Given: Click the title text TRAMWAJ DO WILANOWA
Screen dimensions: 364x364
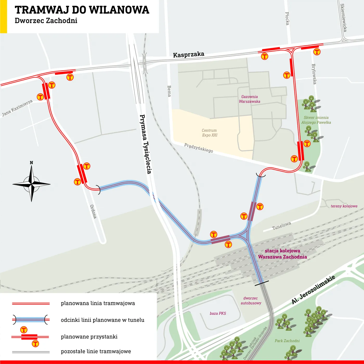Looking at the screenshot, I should pyautogui.click(x=82, y=10).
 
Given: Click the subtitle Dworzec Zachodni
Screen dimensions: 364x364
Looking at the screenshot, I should pyautogui.click(x=46, y=21).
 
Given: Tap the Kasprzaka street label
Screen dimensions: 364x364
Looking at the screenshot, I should pyautogui.click(x=188, y=54).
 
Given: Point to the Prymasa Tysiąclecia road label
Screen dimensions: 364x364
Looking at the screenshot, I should pyautogui.click(x=146, y=144).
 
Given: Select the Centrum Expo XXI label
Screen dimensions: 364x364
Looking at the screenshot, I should pyautogui.click(x=210, y=133).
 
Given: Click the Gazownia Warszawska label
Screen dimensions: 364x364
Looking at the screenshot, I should pyautogui.click(x=249, y=99).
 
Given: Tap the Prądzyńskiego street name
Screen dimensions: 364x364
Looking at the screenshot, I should pyautogui.click(x=199, y=148).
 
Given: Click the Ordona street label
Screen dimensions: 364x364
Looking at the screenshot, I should pyautogui.click(x=93, y=212).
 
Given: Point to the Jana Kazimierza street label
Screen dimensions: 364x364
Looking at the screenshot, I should pyautogui.click(x=17, y=108).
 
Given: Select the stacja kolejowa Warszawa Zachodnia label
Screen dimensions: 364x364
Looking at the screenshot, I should pyautogui.click(x=282, y=254).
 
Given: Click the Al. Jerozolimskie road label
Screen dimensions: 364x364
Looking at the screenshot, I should pyautogui.click(x=313, y=289).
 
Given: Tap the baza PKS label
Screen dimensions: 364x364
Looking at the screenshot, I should pyautogui.click(x=218, y=313).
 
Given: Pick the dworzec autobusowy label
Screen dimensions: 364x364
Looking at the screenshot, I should pyautogui.click(x=251, y=301).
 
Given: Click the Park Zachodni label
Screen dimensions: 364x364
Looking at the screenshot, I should pyautogui.click(x=287, y=341).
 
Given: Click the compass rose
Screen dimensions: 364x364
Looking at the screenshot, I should pyautogui.click(x=31, y=184).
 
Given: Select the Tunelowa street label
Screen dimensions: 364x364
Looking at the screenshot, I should pyautogui.click(x=281, y=226).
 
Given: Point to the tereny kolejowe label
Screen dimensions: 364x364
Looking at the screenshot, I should pyautogui.click(x=344, y=206).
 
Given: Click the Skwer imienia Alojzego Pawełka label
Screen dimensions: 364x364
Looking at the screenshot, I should pyautogui.click(x=316, y=120).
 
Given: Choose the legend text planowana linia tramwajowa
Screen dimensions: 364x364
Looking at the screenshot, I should pyautogui.click(x=98, y=303).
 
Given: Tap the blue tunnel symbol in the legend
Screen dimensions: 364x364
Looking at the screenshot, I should pyautogui.click(x=31, y=320).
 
